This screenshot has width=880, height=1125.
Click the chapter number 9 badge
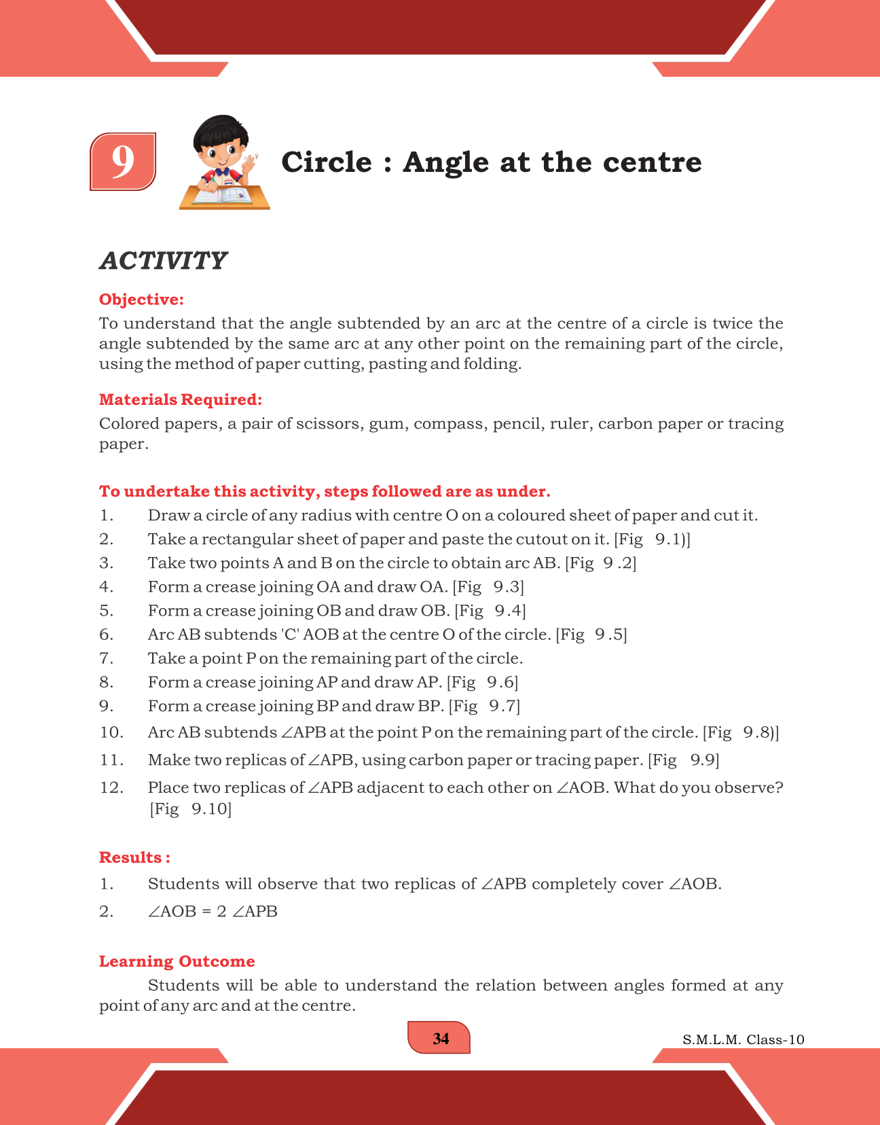(123, 162)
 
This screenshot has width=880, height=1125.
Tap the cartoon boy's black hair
(219, 131)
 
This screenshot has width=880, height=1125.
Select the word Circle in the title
(327, 162)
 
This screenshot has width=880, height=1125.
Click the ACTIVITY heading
(163, 260)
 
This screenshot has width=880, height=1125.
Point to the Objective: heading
(141, 300)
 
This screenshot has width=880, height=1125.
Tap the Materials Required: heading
(181, 399)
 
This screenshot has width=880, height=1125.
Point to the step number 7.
(106, 658)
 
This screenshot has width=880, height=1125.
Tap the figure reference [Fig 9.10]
(190, 808)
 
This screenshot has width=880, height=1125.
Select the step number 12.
(111, 787)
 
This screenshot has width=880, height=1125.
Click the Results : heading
(134, 857)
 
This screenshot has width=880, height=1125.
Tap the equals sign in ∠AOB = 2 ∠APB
(206, 912)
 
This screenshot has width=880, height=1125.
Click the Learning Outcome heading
(177, 961)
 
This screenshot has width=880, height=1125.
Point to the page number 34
(441, 1039)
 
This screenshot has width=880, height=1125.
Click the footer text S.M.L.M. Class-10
(744, 1039)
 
